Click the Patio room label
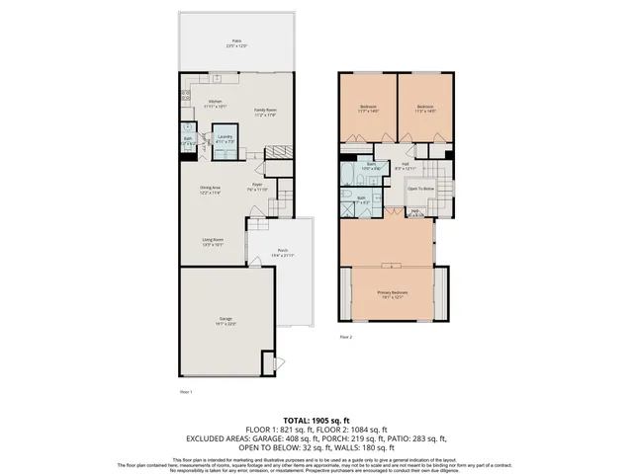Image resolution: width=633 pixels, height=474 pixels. coord(237,42)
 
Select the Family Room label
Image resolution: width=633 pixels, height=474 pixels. coord(264,112)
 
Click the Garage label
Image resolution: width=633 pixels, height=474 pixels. coord(226,321)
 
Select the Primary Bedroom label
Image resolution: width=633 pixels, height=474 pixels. coord(392,294)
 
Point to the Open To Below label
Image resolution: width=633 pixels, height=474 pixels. coord(421,188)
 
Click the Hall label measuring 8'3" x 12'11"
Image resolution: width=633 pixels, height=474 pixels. coord(406,167)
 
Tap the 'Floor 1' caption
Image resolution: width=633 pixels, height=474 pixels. coord(185,391)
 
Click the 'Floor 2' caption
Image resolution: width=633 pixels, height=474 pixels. coord(346,337)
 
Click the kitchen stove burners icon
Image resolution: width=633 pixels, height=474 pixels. coord(185,96)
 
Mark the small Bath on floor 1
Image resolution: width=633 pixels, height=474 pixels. coord(188,141)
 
